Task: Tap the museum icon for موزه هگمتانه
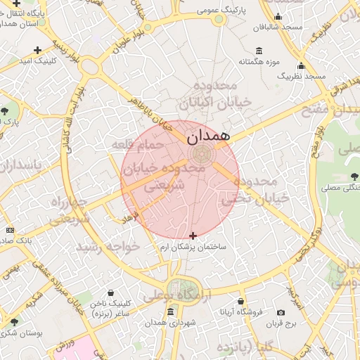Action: (x=259, y=51)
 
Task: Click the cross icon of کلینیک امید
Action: (x=37, y=50)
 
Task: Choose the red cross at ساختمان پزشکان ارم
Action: (x=193, y=235)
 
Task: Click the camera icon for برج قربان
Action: (x=281, y=312)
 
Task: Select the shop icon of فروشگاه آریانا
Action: (x=241, y=300)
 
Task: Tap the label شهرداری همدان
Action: (x=170, y=323)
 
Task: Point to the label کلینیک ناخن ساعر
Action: (x=111, y=307)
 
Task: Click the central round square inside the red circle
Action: (x=198, y=154)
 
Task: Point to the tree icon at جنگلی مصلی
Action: (x=353, y=176)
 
